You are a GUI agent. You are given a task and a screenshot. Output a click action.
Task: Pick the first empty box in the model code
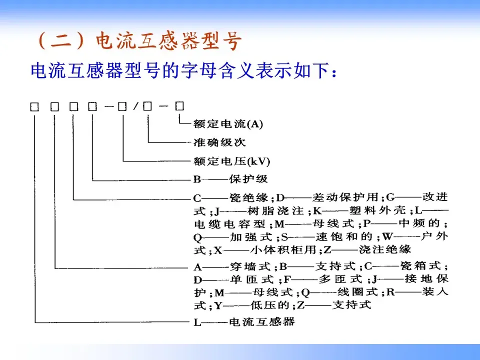[x=34, y=106]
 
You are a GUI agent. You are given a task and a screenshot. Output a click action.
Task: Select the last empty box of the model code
[x=179, y=105]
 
